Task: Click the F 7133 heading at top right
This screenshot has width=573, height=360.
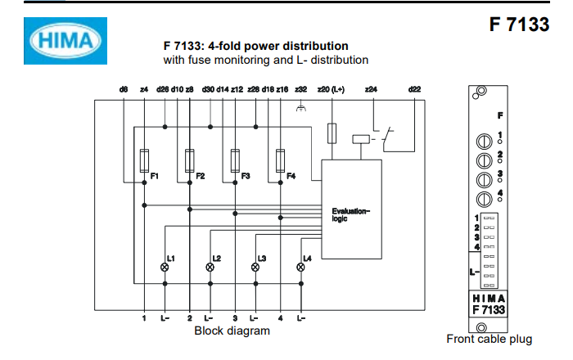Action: coord(519,25)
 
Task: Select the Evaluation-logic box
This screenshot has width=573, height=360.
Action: coord(351,213)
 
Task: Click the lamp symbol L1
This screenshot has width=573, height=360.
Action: coord(165,267)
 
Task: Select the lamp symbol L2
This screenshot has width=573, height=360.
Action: coord(210,267)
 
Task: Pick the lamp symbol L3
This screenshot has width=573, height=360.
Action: coord(255,267)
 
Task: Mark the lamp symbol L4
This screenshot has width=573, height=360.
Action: coord(300,267)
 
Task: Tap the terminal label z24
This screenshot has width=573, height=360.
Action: coord(371,88)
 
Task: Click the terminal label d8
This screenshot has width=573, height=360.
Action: coord(123,88)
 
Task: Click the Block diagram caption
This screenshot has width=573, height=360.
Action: coord(232,331)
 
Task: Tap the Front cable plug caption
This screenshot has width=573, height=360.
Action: coord(489,339)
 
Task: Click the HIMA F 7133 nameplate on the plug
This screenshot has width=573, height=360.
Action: coord(490,304)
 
